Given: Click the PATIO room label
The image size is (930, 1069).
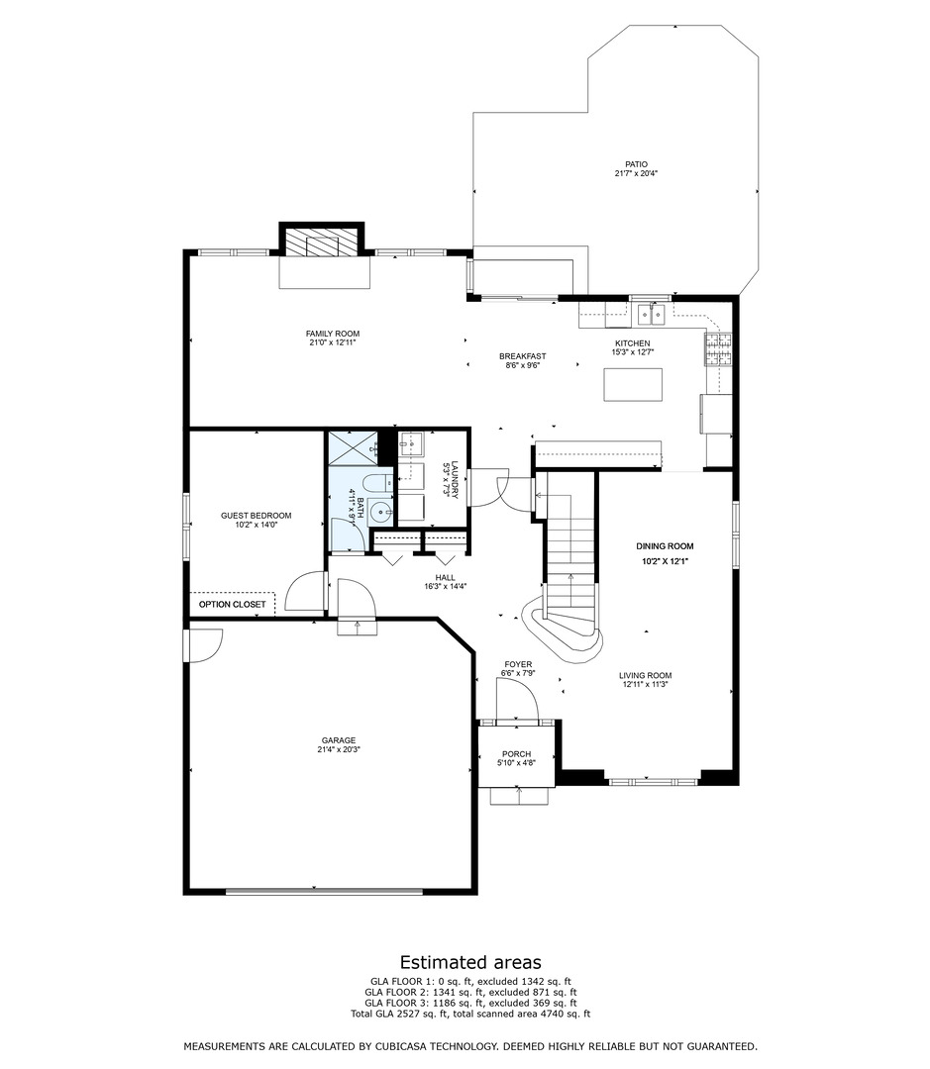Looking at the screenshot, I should pos(636,164).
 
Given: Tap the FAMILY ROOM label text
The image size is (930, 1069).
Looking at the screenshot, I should pos(332,334).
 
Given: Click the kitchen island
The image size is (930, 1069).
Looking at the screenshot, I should pos(633,384).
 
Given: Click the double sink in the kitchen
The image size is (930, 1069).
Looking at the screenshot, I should pos(650,314).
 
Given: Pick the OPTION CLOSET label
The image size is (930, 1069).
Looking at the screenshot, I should pos(232,604).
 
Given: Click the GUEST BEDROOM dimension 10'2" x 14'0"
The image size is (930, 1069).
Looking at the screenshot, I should pos(257,526).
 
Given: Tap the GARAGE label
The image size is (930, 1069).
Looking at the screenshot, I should pos(338,740).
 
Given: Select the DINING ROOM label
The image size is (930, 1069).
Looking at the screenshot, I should pos(665,546).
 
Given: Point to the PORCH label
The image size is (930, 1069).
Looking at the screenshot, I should pos(516,753).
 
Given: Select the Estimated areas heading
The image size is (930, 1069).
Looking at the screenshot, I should pos(470,962).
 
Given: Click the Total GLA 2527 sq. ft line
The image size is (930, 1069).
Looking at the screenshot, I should pos(470,1014).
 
